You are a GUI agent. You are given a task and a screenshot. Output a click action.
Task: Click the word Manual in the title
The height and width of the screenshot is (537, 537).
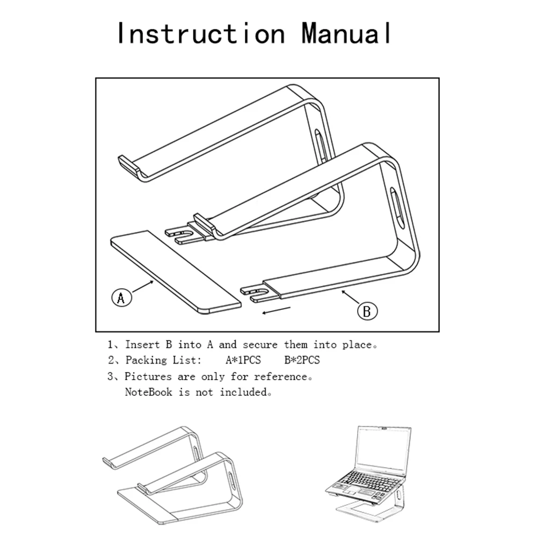pos(346,33)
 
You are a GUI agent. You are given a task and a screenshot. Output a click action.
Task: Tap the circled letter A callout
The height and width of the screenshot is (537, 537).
pos(122,297)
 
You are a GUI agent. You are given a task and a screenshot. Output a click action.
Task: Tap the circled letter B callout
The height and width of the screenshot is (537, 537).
pos(367,311)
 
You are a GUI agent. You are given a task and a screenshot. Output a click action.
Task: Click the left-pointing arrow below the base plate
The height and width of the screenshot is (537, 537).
pos(275,311)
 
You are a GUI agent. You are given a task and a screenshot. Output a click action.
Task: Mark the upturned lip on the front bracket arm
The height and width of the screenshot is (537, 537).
pos(204,220)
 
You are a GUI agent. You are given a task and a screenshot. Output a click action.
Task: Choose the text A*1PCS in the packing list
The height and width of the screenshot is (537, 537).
pos(243,360)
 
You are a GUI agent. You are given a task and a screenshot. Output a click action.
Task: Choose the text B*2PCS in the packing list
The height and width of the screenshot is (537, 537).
pos(302,360)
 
